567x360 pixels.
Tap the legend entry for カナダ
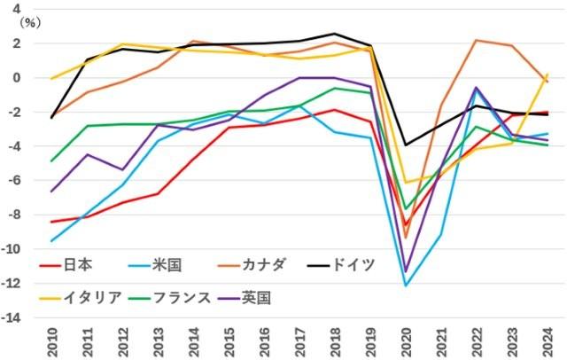271,265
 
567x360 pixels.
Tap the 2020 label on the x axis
407,340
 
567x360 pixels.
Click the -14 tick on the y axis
16,319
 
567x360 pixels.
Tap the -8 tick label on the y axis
19,215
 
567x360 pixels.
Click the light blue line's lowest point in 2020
407,286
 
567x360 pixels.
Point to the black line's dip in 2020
407,145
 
